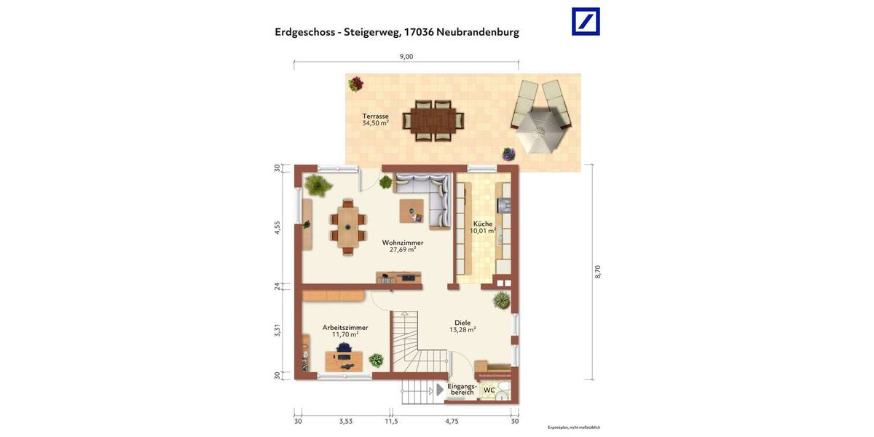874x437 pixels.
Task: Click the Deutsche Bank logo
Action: click(x=586, y=21)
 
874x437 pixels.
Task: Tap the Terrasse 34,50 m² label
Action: click(x=376, y=119)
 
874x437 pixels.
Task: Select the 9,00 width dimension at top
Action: click(x=406, y=57)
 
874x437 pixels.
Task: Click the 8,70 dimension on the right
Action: click(x=597, y=271)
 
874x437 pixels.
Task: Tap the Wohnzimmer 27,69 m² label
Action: click(x=403, y=246)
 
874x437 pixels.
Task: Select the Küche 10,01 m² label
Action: click(x=483, y=227)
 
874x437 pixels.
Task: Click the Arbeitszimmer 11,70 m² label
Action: click(x=345, y=331)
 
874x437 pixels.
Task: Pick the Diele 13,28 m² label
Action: click(x=462, y=326)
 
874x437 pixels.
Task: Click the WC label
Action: click(x=489, y=390)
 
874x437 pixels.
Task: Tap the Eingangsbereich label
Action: click(x=462, y=389)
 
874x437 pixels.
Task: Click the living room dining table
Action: click(x=349, y=224)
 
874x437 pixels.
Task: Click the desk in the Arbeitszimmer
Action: click(x=344, y=359)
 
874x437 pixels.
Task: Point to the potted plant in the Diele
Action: click(x=501, y=300)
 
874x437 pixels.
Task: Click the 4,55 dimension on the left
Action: click(x=277, y=227)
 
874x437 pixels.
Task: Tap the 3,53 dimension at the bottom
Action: click(x=346, y=421)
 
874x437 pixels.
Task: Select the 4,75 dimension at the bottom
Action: click(x=452, y=421)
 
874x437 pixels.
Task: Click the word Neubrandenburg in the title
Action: click(x=478, y=32)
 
